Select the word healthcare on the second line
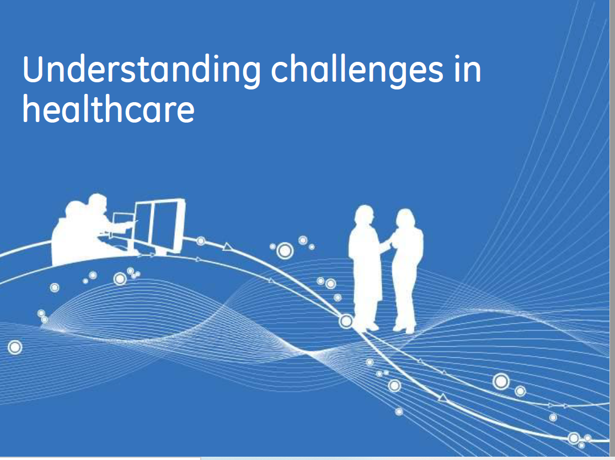point(108,109)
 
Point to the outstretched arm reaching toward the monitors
point(122,226)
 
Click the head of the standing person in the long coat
point(364,216)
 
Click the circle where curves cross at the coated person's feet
point(346,321)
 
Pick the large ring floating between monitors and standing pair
point(285,251)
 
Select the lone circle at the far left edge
point(15,347)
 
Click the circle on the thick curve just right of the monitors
point(201,241)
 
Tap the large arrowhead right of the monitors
point(227,247)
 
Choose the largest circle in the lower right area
point(501,381)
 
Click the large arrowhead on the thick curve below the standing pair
point(442,398)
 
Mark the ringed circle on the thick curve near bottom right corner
point(574,438)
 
